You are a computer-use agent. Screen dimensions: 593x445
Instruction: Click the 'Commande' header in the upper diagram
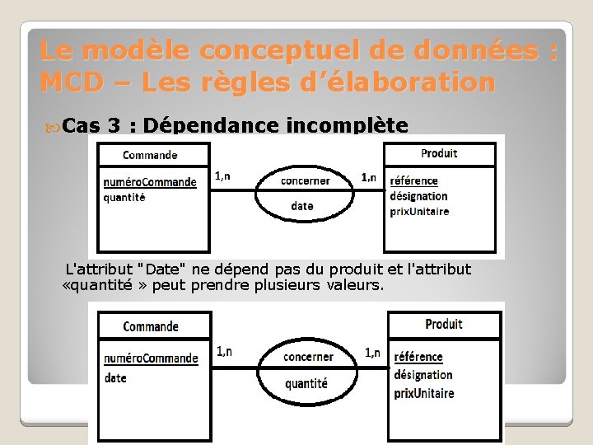pyautogui.click(x=150, y=154)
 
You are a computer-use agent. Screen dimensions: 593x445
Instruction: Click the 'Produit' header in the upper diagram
pyautogui.click(x=439, y=153)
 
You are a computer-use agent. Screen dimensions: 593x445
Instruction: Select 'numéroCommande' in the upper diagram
pyautogui.click(x=150, y=182)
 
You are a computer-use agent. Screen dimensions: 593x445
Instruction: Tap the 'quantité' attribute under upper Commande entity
pyautogui.click(x=124, y=197)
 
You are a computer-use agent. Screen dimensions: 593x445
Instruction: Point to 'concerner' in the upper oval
pyautogui.click(x=305, y=180)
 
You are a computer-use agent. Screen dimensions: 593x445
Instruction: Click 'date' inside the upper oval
pyautogui.click(x=302, y=206)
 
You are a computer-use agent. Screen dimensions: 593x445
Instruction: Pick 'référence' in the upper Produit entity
pyautogui.click(x=413, y=180)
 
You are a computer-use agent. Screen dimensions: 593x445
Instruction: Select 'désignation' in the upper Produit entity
pyautogui.click(x=418, y=196)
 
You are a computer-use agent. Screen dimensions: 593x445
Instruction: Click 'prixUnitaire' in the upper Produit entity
pyautogui.click(x=419, y=212)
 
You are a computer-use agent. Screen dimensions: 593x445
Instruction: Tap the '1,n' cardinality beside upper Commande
pyautogui.click(x=222, y=176)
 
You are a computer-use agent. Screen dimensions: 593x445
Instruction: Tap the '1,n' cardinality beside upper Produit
pyautogui.click(x=369, y=177)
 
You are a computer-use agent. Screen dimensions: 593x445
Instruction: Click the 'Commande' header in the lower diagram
pyautogui.click(x=151, y=326)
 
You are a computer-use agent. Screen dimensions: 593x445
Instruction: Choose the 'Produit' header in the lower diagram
pyautogui.click(x=444, y=325)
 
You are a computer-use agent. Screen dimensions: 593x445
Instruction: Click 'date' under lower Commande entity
pyautogui.click(x=115, y=378)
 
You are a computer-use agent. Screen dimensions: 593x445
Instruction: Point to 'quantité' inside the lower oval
pyautogui.click(x=306, y=383)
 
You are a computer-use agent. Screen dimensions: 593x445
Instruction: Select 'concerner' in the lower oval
pyautogui.click(x=308, y=357)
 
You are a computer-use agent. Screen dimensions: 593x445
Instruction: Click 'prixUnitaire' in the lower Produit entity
pyautogui.click(x=423, y=393)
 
